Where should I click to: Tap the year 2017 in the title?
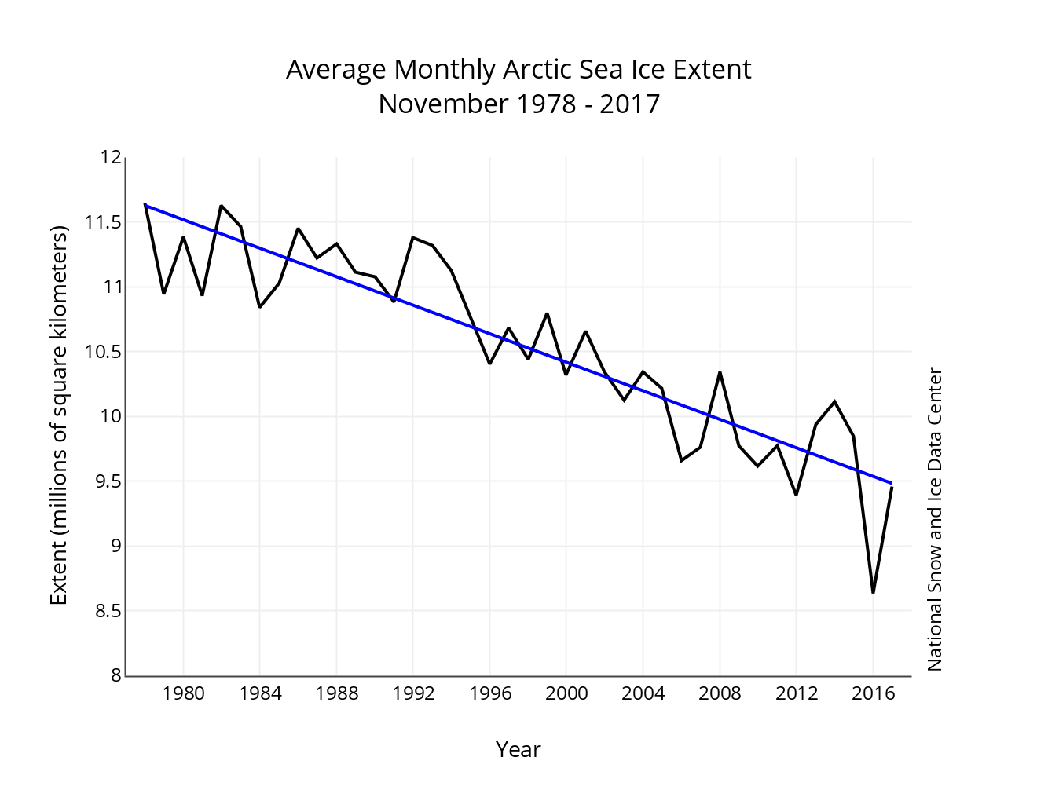(x=629, y=104)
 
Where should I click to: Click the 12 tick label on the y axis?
(x=111, y=158)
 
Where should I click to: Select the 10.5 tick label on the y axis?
(x=102, y=351)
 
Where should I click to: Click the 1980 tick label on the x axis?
(x=183, y=693)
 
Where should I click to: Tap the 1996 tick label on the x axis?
(x=489, y=693)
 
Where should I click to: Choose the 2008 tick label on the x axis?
(x=720, y=693)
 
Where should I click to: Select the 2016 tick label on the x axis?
(x=873, y=693)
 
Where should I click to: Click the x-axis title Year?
(x=518, y=750)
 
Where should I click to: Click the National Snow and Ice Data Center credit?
(x=934, y=519)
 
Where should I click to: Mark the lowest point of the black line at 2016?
(x=873, y=592)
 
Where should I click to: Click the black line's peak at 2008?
(x=720, y=372)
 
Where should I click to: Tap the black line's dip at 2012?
(x=796, y=494)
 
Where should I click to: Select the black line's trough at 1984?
(x=260, y=306)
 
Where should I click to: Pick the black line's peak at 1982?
(x=222, y=206)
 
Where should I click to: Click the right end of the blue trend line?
(x=892, y=483)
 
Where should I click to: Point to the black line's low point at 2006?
(x=681, y=460)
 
